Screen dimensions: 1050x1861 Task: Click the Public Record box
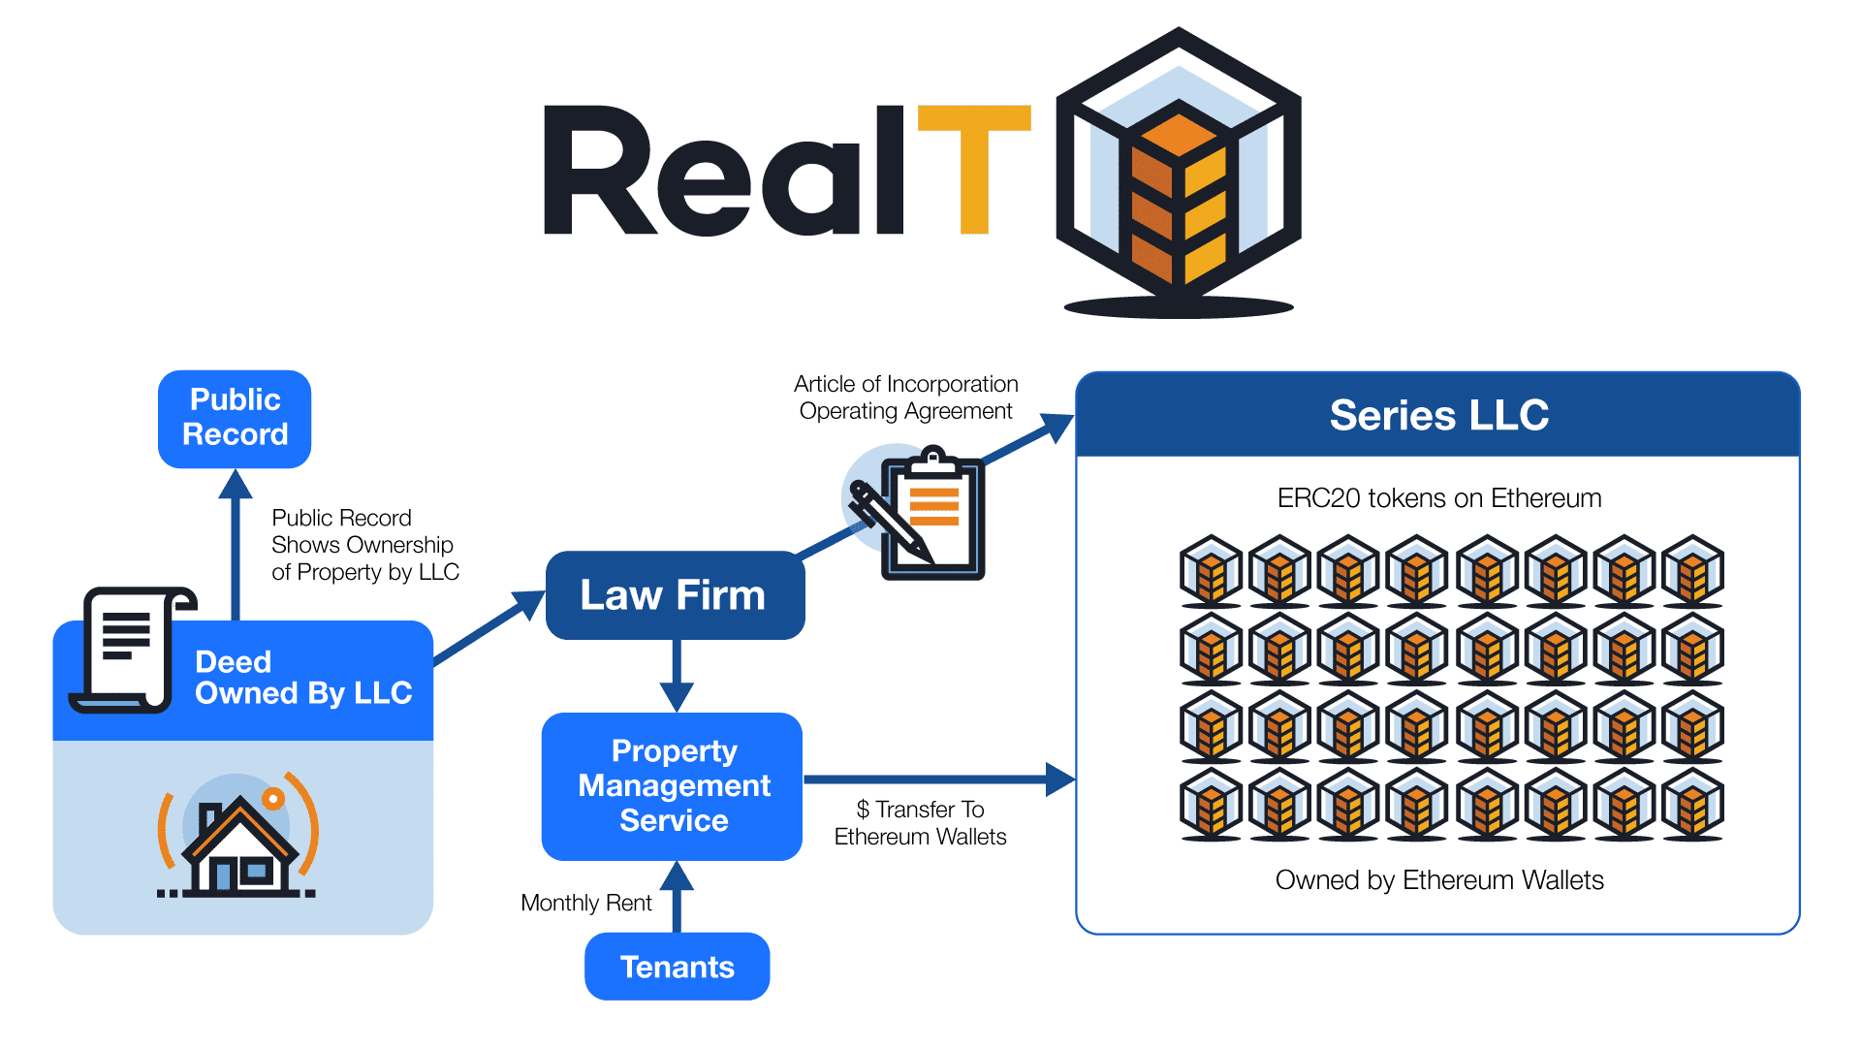tap(235, 418)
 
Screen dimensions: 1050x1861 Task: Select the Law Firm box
tap(674, 595)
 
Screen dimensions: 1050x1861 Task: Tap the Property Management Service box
tap(674, 786)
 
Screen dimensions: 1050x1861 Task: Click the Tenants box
tap(677, 967)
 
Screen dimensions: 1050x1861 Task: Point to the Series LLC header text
tap(1438, 416)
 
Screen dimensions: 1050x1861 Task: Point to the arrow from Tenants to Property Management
tap(677, 897)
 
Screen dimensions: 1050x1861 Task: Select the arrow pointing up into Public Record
tap(235, 543)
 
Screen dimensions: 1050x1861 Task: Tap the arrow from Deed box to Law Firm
tap(489, 630)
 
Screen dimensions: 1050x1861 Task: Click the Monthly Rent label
tap(585, 904)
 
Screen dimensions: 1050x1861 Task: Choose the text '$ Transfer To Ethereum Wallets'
tap(920, 823)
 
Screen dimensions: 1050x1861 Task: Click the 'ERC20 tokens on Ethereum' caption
tap(1438, 498)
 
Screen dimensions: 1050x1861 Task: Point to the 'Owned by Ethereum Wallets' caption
tap(1438, 880)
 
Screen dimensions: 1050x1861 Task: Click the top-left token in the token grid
tap(1211, 570)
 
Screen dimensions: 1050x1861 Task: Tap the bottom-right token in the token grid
tap(1692, 804)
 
